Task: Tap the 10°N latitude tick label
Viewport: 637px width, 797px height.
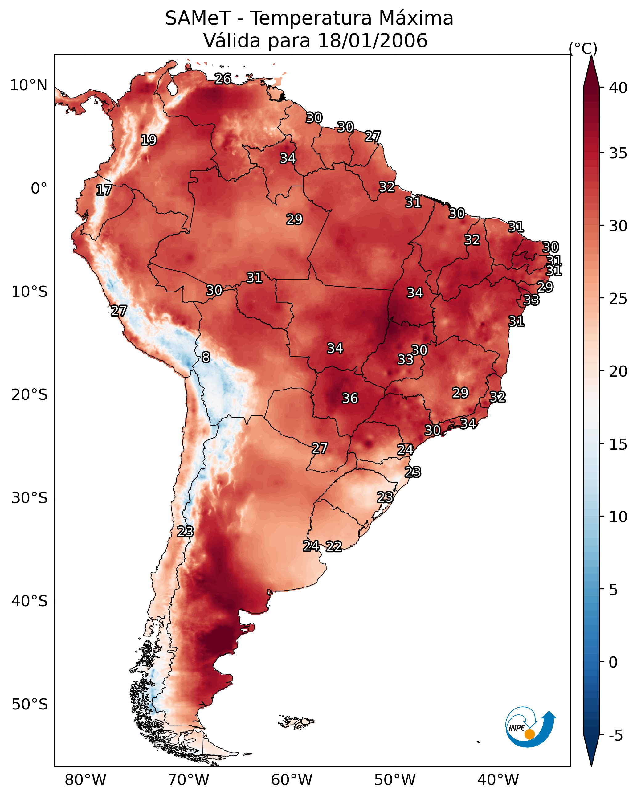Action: pyautogui.click(x=28, y=85)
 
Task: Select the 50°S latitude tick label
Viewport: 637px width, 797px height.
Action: pyautogui.click(x=30, y=704)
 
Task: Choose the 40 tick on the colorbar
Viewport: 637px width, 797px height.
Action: pyautogui.click(x=618, y=88)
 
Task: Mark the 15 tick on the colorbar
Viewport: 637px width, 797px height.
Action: pyautogui.click(x=618, y=444)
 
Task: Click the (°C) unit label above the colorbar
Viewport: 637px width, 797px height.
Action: pyautogui.click(x=583, y=48)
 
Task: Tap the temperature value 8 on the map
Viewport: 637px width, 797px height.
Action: pyautogui.click(x=206, y=357)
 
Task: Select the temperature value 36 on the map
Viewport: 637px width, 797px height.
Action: pyautogui.click(x=350, y=399)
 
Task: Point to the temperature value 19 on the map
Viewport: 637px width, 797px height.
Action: pyautogui.click(x=149, y=140)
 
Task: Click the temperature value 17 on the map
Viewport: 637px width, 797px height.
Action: pyautogui.click(x=104, y=190)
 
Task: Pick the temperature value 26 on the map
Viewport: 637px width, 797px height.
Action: pyautogui.click(x=223, y=79)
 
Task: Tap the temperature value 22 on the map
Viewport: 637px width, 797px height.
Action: pyautogui.click(x=333, y=546)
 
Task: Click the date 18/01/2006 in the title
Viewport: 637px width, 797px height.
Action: pyautogui.click(x=372, y=41)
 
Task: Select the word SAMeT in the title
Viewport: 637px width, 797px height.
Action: pyautogui.click(x=198, y=18)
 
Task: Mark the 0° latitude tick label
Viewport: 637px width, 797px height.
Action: pyautogui.click(x=39, y=189)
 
